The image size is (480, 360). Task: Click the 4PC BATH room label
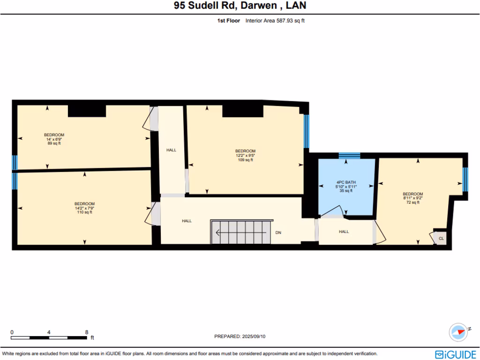[346, 182]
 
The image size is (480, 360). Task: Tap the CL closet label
[441, 239]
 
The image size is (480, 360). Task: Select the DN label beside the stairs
[278, 232]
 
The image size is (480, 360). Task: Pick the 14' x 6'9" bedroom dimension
[54, 139]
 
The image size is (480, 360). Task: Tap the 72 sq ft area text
[412, 202]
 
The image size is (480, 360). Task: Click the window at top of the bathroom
[349, 156]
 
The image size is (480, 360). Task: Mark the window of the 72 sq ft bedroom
[465, 180]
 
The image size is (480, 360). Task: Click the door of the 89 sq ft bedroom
[151, 119]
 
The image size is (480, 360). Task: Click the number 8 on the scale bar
[87, 331]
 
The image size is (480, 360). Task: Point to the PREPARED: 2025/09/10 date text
[242, 336]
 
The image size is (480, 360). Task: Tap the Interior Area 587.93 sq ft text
[275, 21]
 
